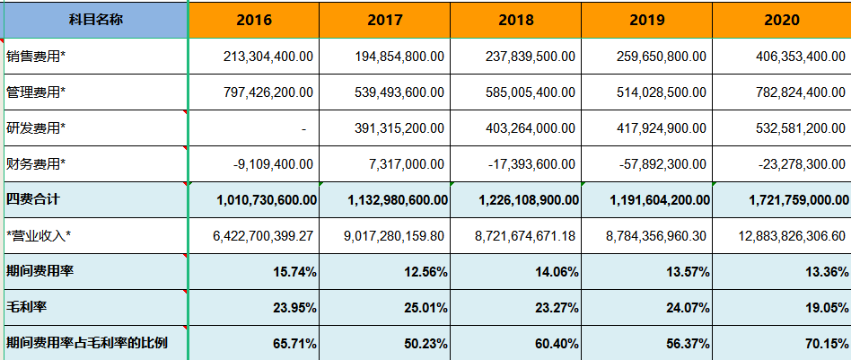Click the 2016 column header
pyautogui.click(x=253, y=20)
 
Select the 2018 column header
pyautogui.click(x=515, y=20)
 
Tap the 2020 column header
pyautogui.click(x=781, y=20)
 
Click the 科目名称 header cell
pyautogui.click(x=94, y=20)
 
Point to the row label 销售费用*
pyautogui.click(x=36, y=57)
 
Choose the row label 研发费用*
pyautogui.click(x=36, y=128)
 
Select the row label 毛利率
pyautogui.click(x=26, y=307)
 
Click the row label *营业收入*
pyautogui.click(x=39, y=235)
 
